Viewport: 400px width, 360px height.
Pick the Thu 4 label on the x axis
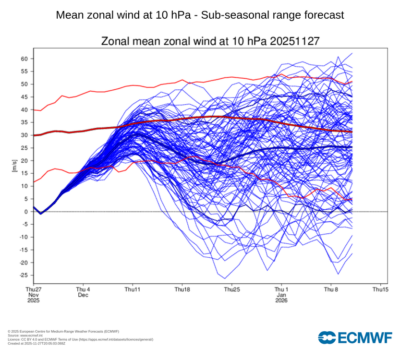pos(83,289)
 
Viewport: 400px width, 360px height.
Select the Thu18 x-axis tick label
pos(182,289)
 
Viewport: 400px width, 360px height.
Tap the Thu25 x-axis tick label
pos(232,289)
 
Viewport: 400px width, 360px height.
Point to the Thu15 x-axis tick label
pos(380,289)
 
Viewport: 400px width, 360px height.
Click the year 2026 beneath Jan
pos(281,300)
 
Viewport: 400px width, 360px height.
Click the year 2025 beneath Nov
pos(34,300)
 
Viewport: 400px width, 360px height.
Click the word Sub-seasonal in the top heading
pos(231,15)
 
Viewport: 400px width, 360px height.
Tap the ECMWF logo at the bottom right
pos(355,337)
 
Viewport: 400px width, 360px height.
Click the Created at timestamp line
pos(36,343)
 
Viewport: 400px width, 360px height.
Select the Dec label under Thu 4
pos(83,295)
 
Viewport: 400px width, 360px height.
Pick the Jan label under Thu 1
pos(281,295)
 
